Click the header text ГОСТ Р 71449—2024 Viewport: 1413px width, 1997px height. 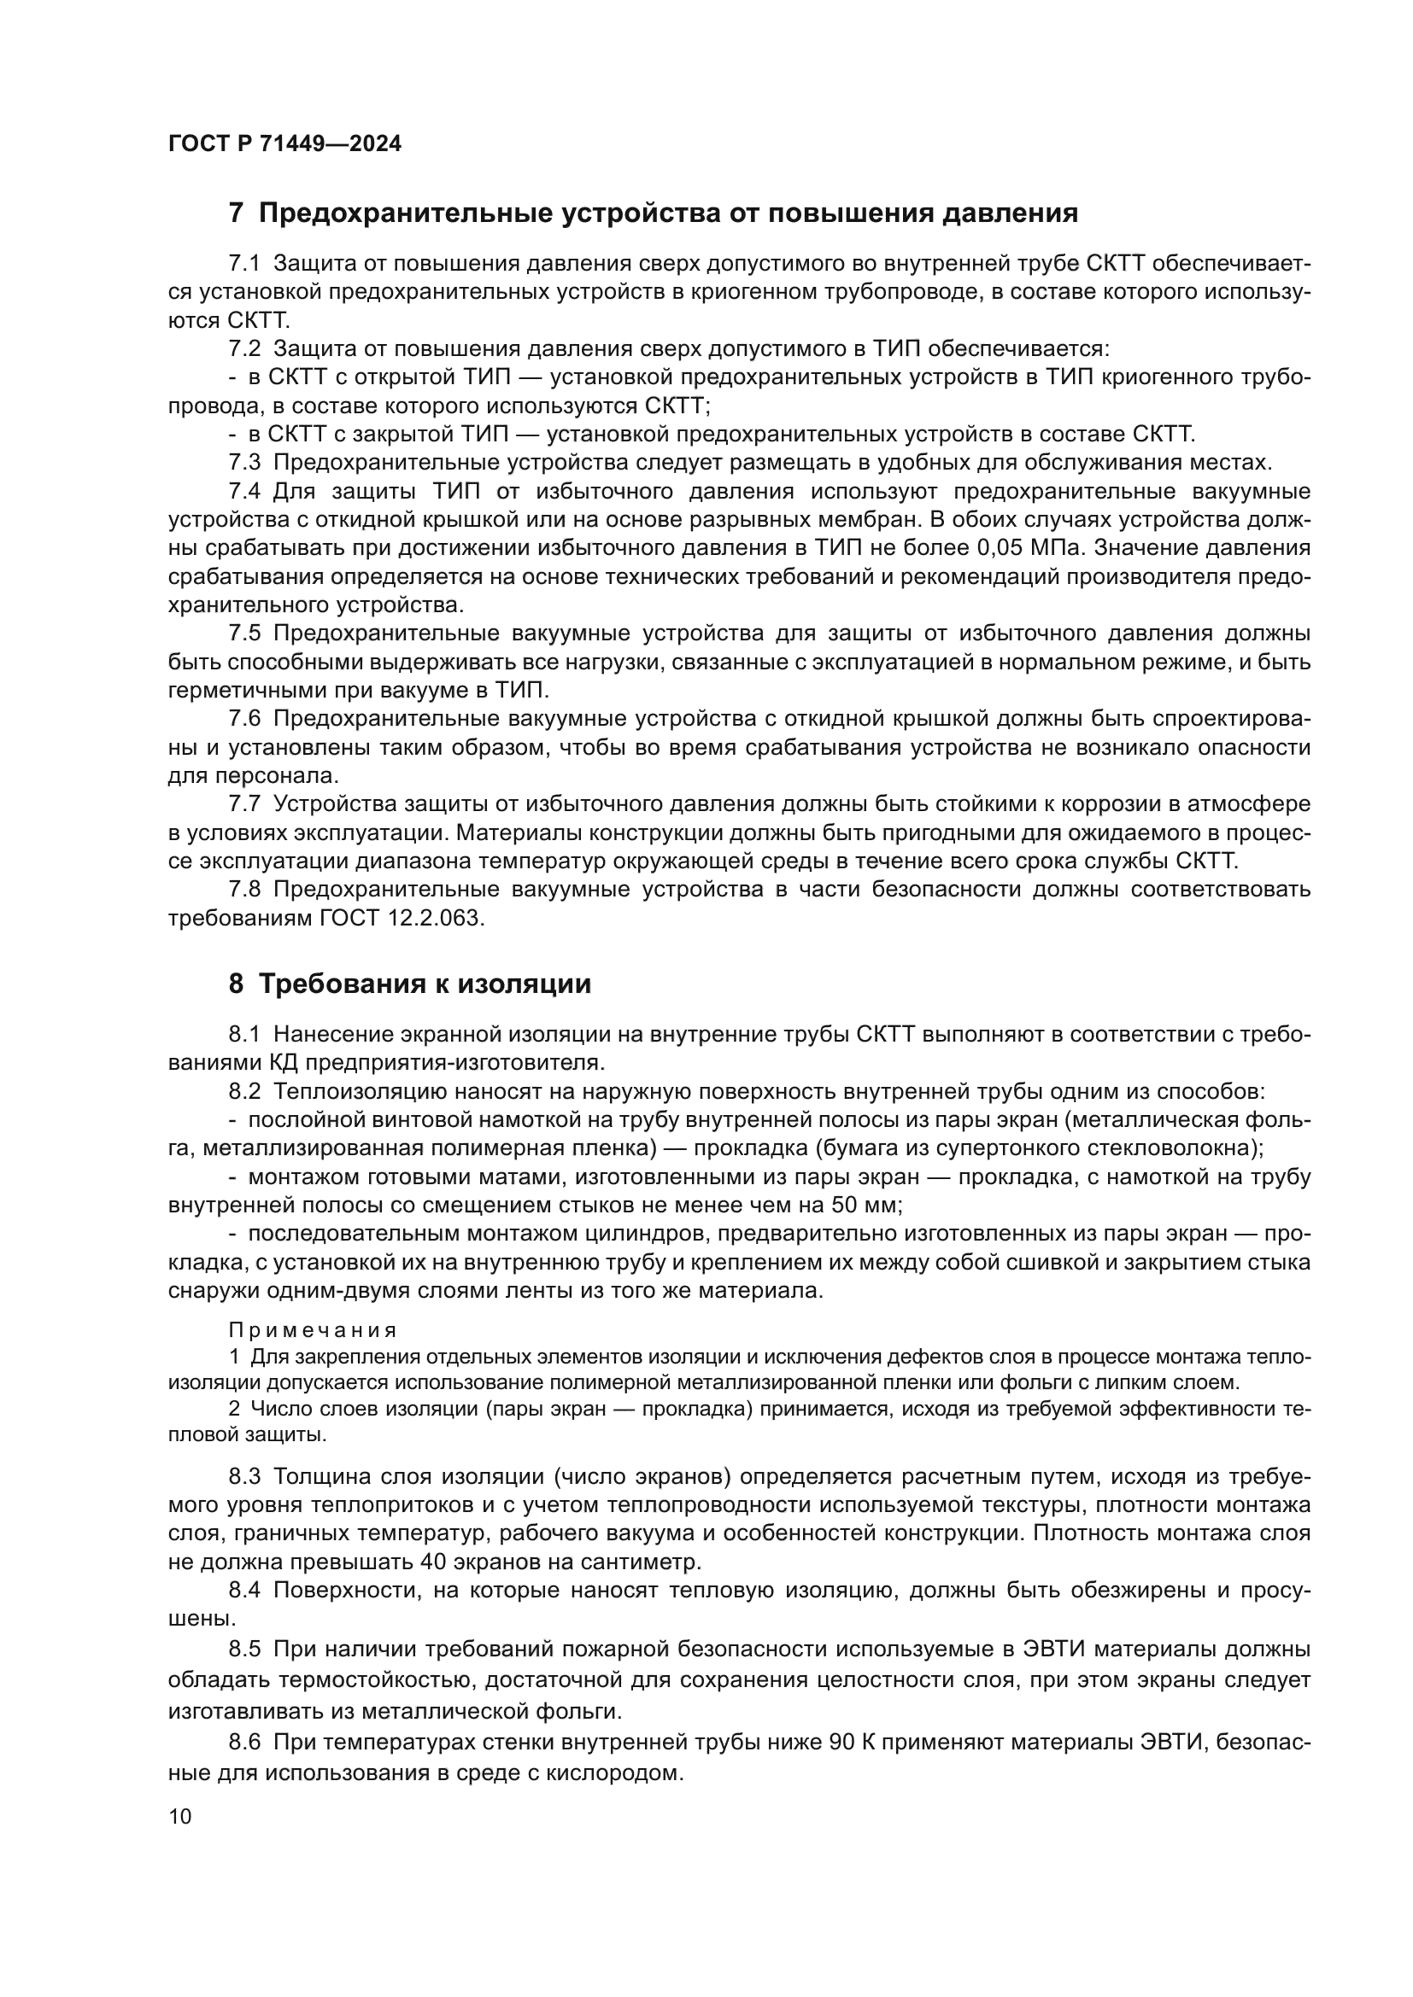coord(284,144)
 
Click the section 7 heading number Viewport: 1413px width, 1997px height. coord(236,213)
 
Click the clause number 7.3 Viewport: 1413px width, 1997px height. coord(244,463)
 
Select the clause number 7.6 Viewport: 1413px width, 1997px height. coord(244,719)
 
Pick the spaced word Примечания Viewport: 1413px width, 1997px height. coord(313,1330)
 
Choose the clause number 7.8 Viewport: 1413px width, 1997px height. coord(244,890)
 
